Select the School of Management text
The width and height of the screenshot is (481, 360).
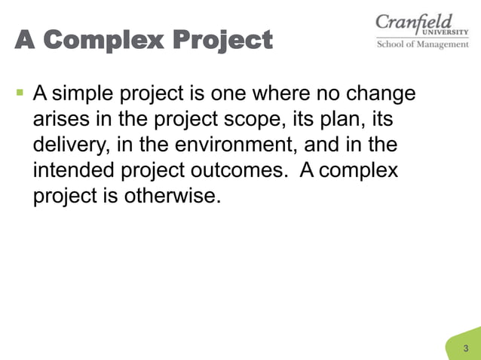(422, 44)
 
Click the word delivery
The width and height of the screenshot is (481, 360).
(69, 145)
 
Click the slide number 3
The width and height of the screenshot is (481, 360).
(466, 348)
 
